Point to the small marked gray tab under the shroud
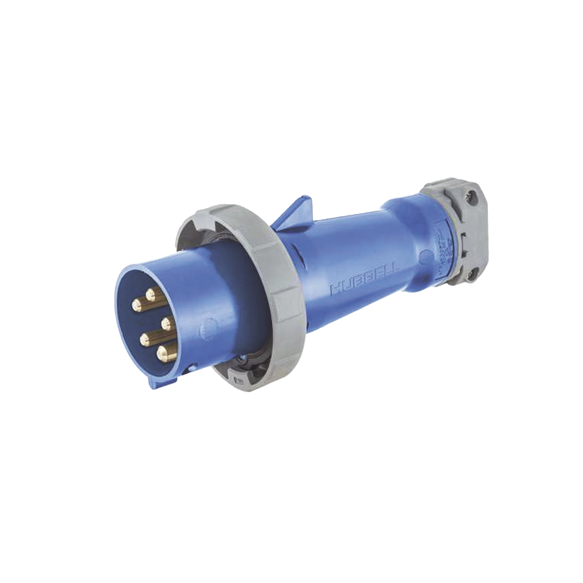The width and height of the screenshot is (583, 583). click(x=239, y=378)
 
